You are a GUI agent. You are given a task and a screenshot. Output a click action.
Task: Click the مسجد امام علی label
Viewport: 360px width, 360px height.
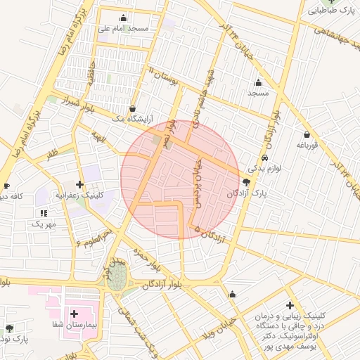pyautogui.click(x=124, y=28)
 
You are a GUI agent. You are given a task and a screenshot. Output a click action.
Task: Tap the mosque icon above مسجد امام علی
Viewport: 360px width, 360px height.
pyautogui.click(x=124, y=18)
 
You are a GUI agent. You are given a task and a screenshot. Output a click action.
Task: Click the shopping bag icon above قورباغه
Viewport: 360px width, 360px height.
pyautogui.click(x=307, y=134)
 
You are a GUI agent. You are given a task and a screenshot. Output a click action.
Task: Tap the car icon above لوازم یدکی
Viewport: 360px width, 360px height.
pyautogui.click(x=264, y=157)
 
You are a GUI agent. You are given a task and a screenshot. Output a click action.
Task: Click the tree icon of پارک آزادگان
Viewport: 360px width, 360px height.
pyautogui.click(x=245, y=181)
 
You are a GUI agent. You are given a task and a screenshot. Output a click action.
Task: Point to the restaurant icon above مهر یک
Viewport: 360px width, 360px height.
pyautogui.click(x=44, y=212)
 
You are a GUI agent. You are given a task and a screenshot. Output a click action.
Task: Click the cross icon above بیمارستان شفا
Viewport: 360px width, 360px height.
pyautogui.click(x=74, y=313)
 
